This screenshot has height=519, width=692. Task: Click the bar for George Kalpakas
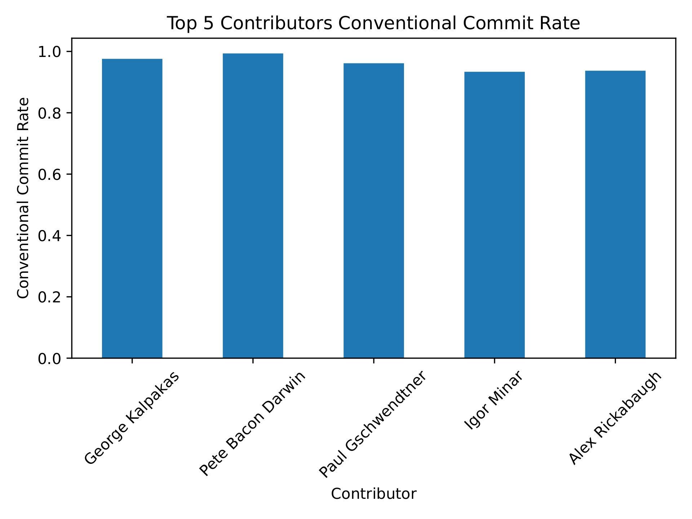click(x=132, y=208)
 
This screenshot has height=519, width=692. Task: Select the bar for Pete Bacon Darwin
click(x=253, y=206)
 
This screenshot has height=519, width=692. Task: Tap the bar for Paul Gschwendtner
click(x=373, y=210)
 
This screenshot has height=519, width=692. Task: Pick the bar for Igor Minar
click(x=494, y=215)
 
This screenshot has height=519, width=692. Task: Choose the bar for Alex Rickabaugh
click(x=615, y=214)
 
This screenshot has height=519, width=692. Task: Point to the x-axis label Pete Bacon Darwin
click(x=252, y=424)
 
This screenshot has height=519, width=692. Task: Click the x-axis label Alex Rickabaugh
click(x=615, y=418)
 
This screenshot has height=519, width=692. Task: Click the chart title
click(x=373, y=24)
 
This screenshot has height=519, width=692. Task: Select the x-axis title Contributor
click(x=373, y=494)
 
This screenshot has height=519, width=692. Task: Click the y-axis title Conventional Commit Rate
click(x=23, y=198)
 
